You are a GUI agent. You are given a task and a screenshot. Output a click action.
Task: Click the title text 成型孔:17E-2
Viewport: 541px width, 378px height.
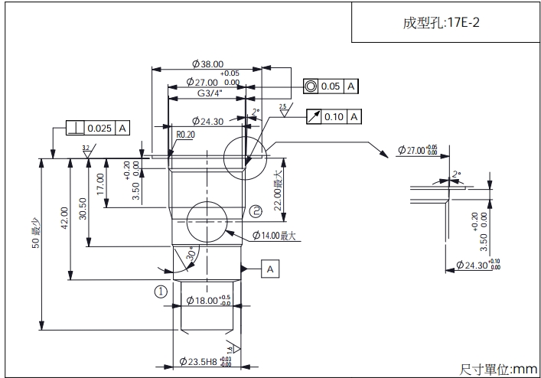coord(442,22)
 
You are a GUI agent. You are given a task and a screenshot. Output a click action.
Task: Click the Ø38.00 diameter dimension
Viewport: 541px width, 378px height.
coord(207,64)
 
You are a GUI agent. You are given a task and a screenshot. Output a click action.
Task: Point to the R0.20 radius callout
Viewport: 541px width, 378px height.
coord(186,134)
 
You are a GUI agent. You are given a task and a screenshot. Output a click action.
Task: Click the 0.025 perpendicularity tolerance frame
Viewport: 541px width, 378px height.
coord(98,128)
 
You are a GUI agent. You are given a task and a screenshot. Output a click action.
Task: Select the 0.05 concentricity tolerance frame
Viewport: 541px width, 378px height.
coord(331,86)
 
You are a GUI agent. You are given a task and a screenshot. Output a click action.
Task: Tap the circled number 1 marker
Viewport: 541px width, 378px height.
coord(160,291)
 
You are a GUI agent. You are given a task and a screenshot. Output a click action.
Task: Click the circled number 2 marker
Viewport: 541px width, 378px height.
coord(256,210)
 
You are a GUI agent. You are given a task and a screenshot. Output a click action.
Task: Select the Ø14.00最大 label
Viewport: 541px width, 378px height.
coord(273,236)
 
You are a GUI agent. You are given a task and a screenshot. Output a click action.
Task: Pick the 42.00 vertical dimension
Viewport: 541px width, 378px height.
coord(64,217)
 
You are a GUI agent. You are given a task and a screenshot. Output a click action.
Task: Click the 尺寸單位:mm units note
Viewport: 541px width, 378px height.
coord(497,369)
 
